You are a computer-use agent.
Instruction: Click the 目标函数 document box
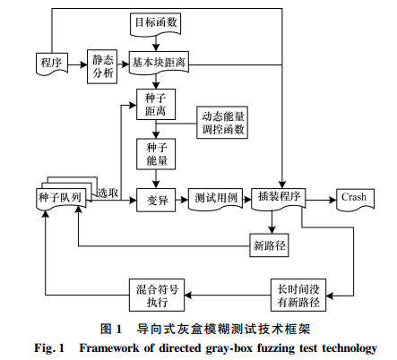coord(155,23)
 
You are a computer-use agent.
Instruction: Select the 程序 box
coord(52,64)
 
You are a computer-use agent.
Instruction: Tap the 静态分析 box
coord(102,66)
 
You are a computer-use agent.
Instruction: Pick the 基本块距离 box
coord(159,63)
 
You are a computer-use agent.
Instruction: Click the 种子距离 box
coord(156,105)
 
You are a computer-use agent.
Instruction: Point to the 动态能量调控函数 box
coord(222,123)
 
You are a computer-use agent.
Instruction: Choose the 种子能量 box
coord(156,154)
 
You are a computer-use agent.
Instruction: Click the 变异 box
coord(156,200)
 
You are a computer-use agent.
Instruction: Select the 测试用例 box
coord(215,199)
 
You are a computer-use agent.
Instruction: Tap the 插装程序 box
coord(279,198)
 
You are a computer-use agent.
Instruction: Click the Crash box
coord(355,199)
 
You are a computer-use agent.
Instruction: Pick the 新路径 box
coord(269,245)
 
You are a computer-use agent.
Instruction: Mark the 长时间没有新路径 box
coord(298,296)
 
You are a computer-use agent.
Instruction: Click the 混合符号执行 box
coord(157,296)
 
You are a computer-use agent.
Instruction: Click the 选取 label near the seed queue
coord(108,193)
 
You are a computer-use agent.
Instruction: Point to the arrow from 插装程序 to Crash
coord(321,200)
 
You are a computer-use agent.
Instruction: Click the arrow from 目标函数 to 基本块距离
coord(156,42)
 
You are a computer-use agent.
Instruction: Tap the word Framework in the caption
coord(108,348)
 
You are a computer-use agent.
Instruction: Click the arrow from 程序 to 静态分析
coord(78,64)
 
